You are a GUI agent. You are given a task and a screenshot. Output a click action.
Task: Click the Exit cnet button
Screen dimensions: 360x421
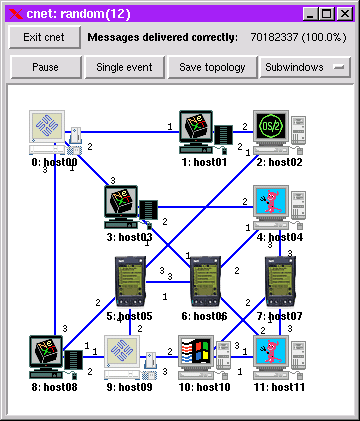44,37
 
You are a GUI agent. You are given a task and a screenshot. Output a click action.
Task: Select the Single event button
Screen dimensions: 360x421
124,67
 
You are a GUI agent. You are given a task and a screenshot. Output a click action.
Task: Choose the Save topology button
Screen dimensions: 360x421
212,67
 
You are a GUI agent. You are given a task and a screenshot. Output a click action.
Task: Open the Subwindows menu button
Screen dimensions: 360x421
305,67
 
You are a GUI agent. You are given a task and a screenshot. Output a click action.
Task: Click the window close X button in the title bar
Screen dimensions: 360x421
345,14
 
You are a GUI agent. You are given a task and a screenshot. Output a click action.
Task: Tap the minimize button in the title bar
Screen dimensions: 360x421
311,14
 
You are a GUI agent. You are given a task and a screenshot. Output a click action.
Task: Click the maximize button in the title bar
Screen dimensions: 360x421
327,14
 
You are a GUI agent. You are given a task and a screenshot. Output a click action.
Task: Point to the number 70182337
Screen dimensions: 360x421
274,37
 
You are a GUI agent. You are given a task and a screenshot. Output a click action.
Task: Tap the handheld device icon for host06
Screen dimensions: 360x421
205,281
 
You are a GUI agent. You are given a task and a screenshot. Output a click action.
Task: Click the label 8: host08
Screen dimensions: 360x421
54,387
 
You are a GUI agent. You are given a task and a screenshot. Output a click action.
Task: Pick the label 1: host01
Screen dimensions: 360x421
204,162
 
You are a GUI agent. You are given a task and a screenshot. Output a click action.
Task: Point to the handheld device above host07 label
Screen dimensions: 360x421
280,281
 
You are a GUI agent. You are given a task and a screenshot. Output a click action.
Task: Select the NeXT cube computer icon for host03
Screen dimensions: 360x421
131,207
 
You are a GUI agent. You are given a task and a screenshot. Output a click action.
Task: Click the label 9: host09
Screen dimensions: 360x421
129,387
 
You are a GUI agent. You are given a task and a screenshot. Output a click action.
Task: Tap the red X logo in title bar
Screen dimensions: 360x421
16,14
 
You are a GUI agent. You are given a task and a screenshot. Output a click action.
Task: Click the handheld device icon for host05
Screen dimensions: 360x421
130,281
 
